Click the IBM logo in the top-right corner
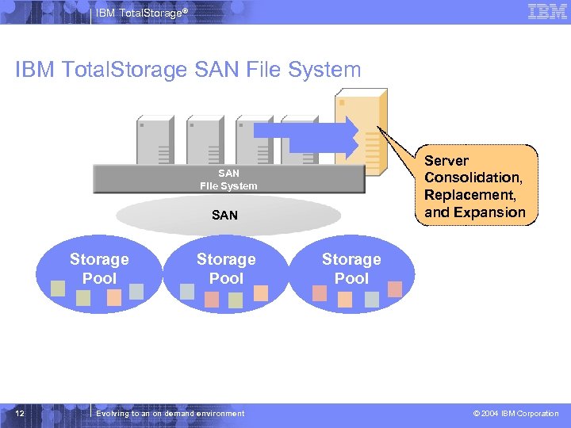tap(546, 11)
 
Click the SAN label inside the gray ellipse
tap(224, 215)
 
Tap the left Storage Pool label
tap(99, 269)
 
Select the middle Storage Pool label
tap(226, 269)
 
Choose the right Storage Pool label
tap(351, 269)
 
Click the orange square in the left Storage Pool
tap(114, 297)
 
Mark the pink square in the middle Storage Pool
tap(212, 299)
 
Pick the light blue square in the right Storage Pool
tap(372, 299)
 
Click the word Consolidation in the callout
tap(473, 178)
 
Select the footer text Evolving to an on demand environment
tap(170, 414)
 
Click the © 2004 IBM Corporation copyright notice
tap(515, 414)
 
